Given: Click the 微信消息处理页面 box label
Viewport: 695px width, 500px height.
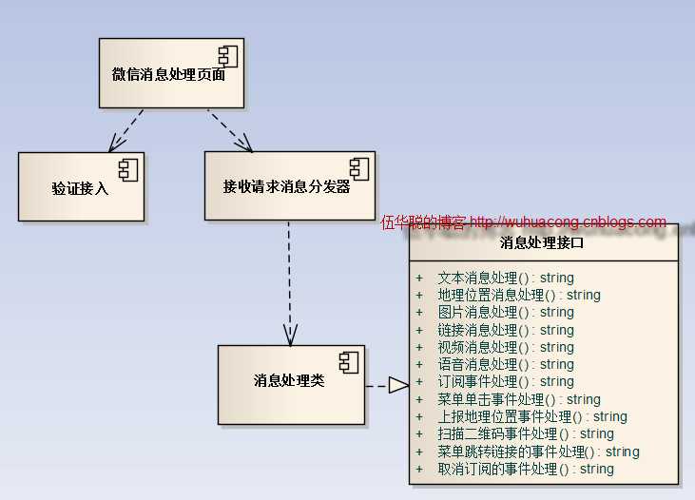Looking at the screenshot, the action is point(168,74).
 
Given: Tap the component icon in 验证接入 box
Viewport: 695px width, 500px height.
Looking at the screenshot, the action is point(128,171).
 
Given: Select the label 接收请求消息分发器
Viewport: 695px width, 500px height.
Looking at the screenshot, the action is point(287,186).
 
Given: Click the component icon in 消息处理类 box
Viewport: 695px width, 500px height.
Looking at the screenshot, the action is point(349,362).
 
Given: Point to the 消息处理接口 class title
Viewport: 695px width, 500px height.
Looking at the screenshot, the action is point(542,242).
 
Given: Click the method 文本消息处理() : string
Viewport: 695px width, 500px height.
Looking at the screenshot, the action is point(506,278).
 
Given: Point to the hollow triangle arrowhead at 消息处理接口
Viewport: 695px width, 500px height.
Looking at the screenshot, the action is point(399,385).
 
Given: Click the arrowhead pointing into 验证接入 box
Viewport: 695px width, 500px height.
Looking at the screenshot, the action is point(115,144).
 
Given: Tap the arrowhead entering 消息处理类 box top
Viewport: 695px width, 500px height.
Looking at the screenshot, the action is point(290,336).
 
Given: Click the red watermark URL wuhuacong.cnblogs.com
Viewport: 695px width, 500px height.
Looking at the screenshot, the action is point(568,221).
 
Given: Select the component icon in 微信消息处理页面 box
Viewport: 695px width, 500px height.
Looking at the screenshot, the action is point(228,57).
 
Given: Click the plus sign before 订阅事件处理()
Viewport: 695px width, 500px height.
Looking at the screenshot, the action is point(419,381).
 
